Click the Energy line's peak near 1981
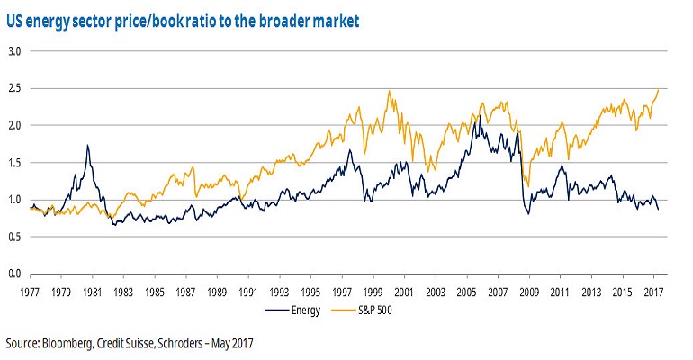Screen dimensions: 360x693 (x=87, y=145)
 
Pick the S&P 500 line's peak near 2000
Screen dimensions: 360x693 (x=389, y=91)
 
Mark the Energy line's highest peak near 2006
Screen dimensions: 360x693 (x=480, y=115)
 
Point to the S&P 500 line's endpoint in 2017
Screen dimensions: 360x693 (x=659, y=89)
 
